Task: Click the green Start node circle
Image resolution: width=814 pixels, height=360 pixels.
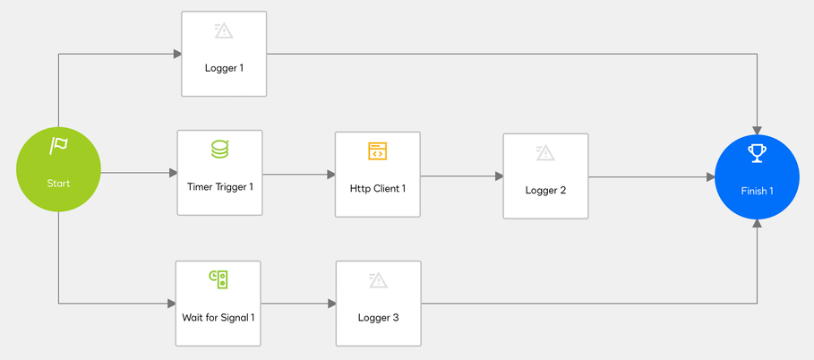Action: [58, 169]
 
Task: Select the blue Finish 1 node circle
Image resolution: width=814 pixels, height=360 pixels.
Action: [757, 176]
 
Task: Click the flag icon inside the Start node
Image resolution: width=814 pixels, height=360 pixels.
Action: [58, 146]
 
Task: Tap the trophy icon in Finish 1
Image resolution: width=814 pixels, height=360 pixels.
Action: [757, 154]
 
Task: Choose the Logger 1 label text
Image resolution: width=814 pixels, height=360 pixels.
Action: [224, 67]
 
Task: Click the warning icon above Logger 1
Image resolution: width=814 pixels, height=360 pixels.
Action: [224, 30]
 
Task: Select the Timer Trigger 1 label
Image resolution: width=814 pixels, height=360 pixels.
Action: [219, 187]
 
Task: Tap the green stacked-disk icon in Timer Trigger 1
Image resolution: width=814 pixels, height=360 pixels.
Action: [219, 150]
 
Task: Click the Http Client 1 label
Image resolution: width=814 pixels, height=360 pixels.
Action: [378, 188]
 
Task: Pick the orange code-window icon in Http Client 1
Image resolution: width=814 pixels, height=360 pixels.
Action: [378, 151]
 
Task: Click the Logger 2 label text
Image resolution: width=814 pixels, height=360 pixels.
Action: [545, 190]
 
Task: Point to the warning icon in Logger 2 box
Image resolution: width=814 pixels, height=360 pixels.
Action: [545, 153]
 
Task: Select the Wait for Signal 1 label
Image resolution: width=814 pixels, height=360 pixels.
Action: [218, 317]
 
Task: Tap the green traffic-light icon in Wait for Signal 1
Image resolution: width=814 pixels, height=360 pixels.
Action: [218, 279]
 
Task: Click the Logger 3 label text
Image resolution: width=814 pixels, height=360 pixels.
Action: [378, 317]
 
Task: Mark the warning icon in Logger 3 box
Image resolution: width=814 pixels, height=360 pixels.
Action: [378, 280]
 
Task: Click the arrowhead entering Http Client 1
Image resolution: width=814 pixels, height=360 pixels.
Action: [330, 175]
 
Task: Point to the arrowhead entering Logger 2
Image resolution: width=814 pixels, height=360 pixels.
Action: [499, 176]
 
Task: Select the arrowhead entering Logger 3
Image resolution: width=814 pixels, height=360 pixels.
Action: [331, 304]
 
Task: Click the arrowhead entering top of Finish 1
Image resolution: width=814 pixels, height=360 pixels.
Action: [757, 130]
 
